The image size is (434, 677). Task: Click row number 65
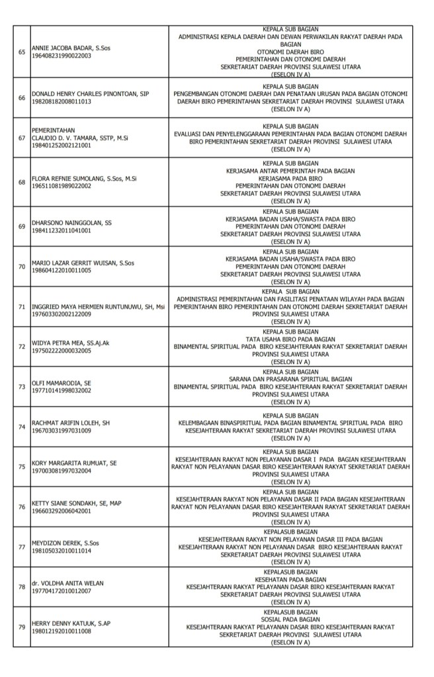point(22,52)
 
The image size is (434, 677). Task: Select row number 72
point(22,346)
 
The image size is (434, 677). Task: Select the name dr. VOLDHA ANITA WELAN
point(69,583)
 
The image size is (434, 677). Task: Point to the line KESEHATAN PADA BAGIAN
point(290,579)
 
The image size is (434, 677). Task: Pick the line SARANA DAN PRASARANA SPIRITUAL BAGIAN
point(290,378)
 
